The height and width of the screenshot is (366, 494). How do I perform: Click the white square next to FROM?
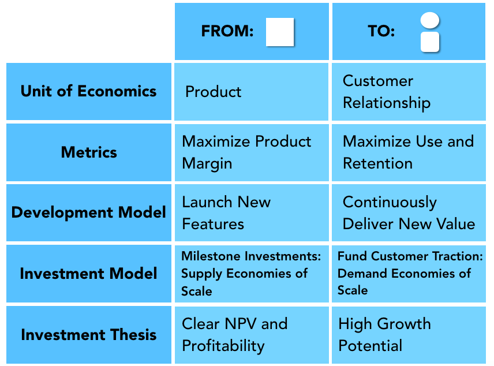pos(280,32)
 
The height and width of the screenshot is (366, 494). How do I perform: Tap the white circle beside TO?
pos(430,21)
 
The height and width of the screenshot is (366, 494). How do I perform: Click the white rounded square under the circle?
pos(430,42)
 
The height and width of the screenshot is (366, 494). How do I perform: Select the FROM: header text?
pos(227,32)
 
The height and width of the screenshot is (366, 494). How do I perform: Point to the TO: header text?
pos(381,32)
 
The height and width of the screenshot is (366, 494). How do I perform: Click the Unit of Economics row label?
pos(88,91)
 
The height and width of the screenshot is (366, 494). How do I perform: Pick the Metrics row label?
pos(89,152)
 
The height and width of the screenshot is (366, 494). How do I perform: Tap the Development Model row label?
pos(89,212)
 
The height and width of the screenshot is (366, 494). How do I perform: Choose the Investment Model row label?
pos(88,273)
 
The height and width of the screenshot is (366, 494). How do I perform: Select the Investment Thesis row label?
pos(88,334)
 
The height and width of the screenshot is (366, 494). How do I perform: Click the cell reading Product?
pos(214,92)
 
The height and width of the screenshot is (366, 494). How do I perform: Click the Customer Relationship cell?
pos(386,92)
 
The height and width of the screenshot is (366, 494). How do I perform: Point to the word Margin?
pos(207,163)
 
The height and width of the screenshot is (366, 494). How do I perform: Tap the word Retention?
pos(377,163)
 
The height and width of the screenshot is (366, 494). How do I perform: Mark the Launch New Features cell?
pos(226,213)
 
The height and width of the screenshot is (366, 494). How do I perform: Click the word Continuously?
pos(390,202)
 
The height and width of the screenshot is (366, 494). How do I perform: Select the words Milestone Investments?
pos(251,256)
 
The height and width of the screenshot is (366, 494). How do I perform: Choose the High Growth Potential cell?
pos(384,335)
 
